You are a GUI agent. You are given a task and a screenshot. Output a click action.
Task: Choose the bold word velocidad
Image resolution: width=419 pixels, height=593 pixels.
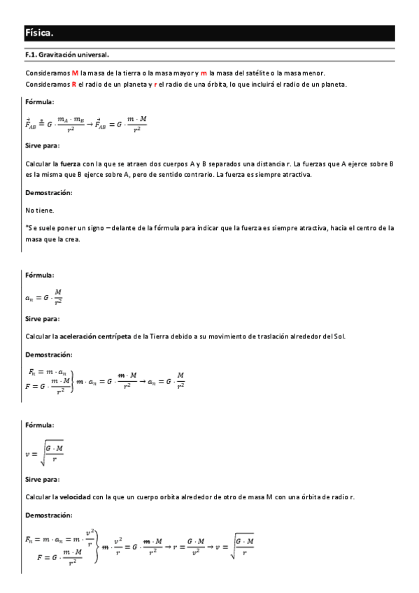pyautogui.click(x=75, y=496)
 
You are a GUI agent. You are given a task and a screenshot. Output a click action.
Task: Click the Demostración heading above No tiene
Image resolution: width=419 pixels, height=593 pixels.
pyautogui.click(x=48, y=192)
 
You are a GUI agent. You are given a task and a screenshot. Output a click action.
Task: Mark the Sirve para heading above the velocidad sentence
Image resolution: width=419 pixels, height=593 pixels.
pyautogui.click(x=42, y=479)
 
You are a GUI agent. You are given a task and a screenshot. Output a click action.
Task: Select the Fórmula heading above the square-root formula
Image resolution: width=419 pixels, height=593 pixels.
pyautogui.click(x=40, y=424)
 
